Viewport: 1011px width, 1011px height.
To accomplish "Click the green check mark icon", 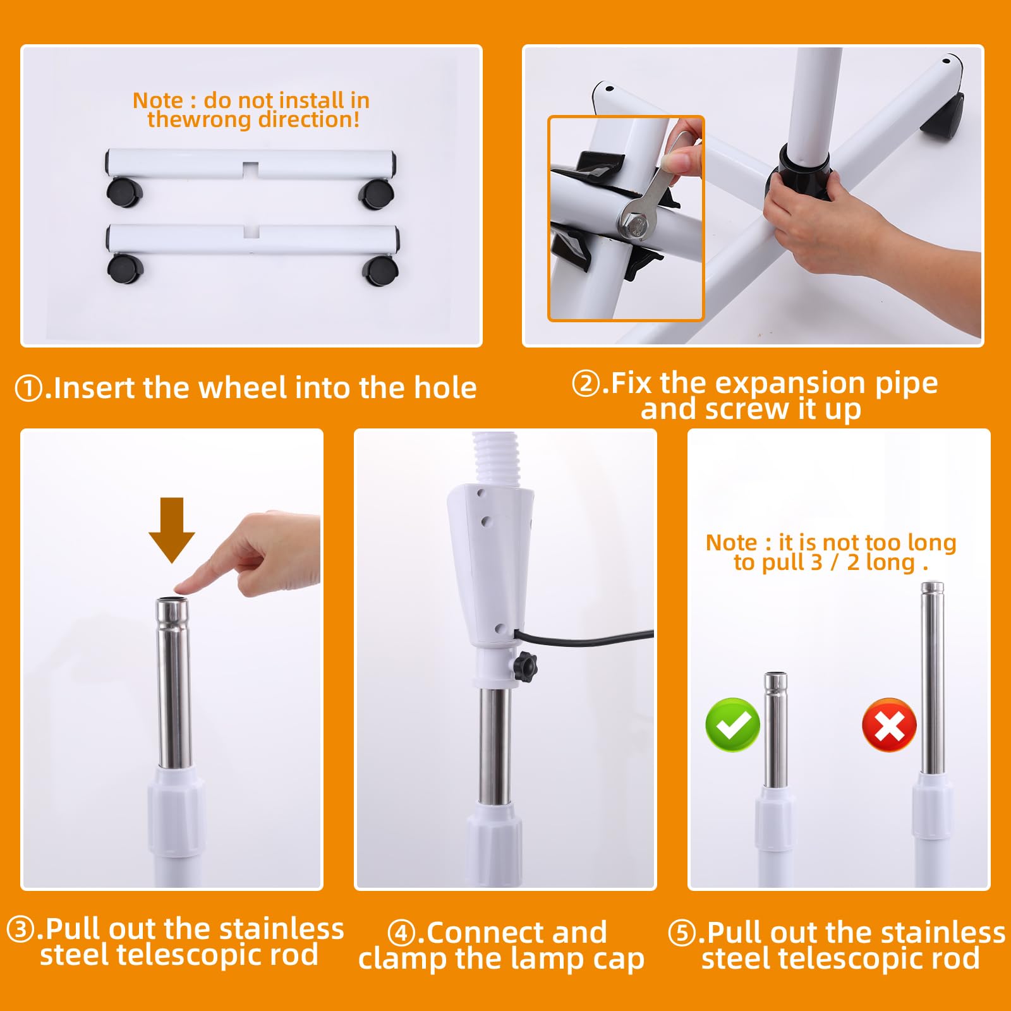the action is (x=732, y=724).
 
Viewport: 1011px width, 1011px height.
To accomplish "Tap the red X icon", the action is (x=889, y=725).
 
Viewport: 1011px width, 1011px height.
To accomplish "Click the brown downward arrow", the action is (x=172, y=530).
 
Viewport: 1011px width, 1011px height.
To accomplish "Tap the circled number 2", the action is (x=585, y=384).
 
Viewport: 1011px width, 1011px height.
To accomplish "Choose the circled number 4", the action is (x=401, y=933).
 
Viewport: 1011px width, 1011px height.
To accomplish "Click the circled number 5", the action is (x=681, y=933).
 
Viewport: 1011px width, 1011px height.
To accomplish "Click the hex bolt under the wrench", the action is (x=634, y=224).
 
